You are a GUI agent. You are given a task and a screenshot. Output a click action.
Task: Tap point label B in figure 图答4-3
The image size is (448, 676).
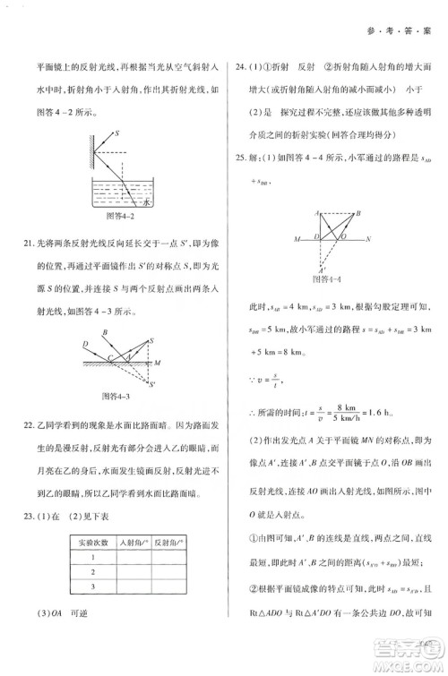[x=104, y=333]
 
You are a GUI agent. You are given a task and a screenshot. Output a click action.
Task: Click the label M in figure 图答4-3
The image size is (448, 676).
[x=156, y=363]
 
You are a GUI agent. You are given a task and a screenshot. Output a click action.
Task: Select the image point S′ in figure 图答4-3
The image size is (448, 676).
[x=153, y=383]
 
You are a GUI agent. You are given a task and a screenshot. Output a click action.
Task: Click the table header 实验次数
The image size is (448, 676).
[x=92, y=543]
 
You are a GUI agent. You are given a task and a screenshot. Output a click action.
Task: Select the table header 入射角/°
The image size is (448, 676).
[x=132, y=543]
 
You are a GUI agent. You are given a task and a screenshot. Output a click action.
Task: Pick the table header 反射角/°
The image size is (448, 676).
[x=169, y=543]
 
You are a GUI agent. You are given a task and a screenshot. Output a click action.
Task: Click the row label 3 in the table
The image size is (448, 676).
[x=91, y=586]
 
